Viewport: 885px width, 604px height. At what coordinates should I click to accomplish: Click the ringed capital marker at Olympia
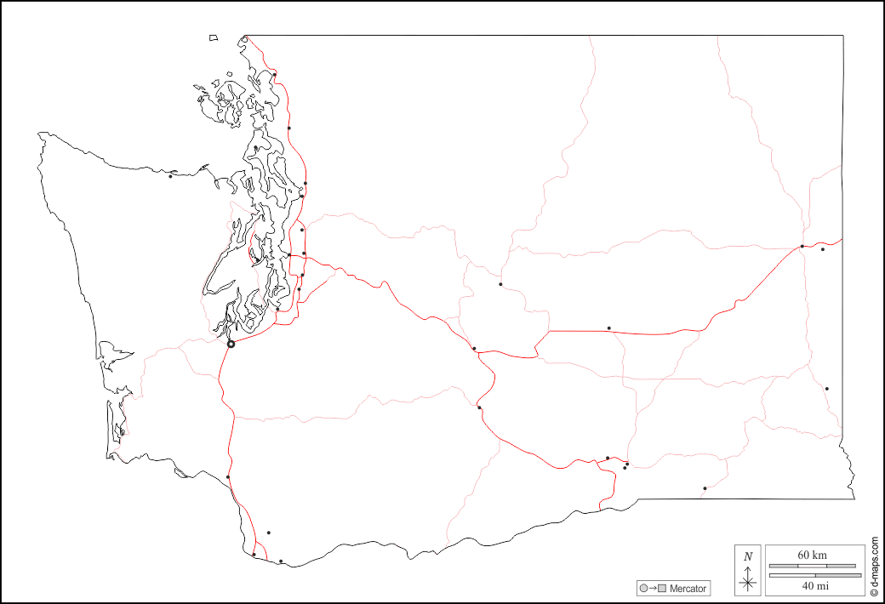tap(231, 344)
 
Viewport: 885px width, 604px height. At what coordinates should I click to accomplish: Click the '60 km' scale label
tap(812, 555)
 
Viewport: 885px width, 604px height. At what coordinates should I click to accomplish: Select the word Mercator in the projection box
tap(688, 589)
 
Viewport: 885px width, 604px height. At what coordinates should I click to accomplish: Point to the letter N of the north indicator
tap(748, 557)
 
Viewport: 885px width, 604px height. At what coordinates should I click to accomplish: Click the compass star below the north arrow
tap(748, 583)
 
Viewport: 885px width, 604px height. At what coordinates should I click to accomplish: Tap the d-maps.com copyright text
tap(874, 566)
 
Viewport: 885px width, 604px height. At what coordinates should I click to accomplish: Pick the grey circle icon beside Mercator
tap(644, 589)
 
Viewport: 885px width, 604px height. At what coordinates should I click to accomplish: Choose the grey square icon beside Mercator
tap(661, 589)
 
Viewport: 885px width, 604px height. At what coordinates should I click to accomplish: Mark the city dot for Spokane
tap(802, 247)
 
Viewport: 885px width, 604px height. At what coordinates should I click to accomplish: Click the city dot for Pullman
tap(826, 389)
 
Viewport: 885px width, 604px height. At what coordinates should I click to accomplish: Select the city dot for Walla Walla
tap(705, 488)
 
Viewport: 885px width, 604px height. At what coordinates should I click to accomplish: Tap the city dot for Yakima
tap(480, 407)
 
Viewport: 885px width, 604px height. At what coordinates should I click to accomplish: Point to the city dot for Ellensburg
tap(474, 348)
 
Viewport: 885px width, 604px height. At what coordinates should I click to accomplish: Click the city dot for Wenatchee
tap(500, 284)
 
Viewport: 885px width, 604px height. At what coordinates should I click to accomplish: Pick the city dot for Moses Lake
tap(608, 328)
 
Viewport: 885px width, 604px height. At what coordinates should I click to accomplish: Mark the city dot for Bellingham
tap(275, 74)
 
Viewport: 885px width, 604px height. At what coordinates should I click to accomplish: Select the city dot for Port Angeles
tap(170, 176)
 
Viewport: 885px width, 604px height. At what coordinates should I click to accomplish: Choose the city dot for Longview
tap(228, 476)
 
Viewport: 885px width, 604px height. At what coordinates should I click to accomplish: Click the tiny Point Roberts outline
tap(214, 37)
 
